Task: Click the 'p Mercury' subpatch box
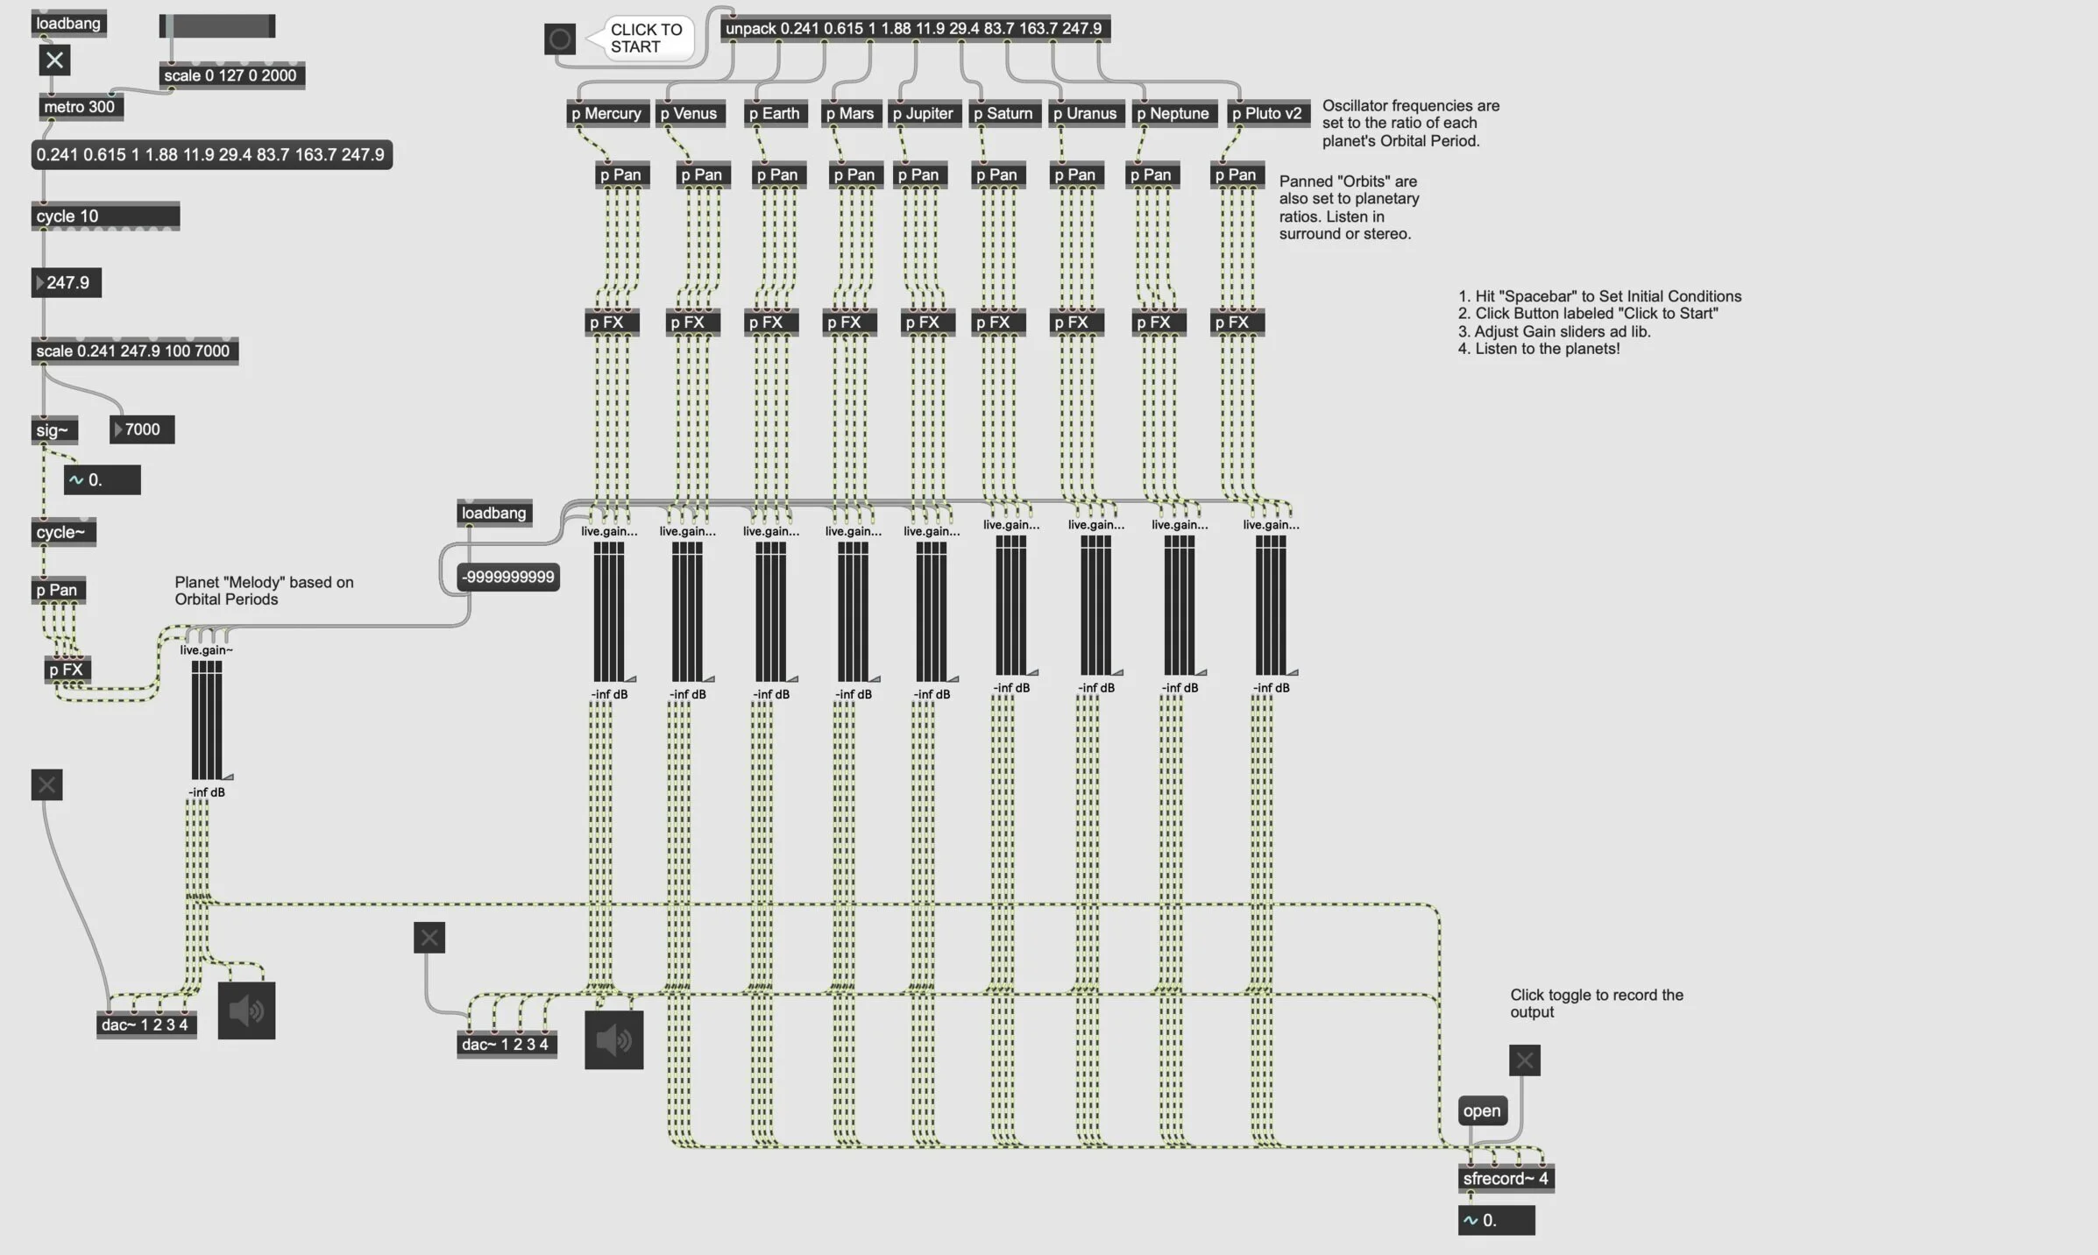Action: [606, 113]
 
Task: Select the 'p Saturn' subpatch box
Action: [1003, 113]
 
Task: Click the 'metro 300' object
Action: [79, 107]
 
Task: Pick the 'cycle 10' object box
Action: [105, 216]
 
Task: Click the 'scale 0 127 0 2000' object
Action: [230, 75]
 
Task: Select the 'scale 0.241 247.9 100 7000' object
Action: [133, 351]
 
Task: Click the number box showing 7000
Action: [142, 429]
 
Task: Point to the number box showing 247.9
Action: [67, 282]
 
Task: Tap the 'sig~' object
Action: [53, 430]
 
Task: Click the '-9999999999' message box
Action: [508, 577]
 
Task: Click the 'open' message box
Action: [1481, 1110]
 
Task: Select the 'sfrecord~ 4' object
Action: [1505, 1179]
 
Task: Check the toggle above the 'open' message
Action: [1524, 1060]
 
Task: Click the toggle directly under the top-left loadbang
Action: [54, 60]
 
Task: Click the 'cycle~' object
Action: [61, 532]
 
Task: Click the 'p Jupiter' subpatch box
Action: [923, 113]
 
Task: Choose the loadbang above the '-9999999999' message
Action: [493, 513]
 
